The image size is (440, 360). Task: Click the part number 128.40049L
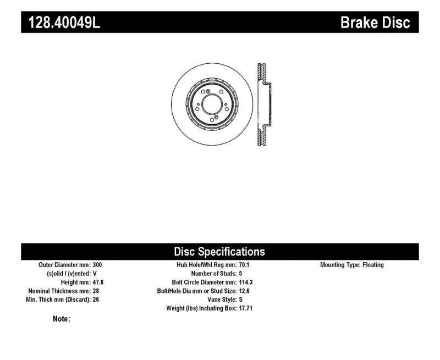(x=61, y=23)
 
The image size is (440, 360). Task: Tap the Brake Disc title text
(x=376, y=23)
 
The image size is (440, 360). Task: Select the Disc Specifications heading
(x=219, y=252)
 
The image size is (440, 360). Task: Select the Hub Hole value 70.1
(x=245, y=265)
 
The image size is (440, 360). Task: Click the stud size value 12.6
(x=245, y=291)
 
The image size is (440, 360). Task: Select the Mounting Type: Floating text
(x=352, y=265)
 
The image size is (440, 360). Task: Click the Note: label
(x=62, y=319)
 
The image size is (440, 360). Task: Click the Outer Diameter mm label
(x=62, y=265)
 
